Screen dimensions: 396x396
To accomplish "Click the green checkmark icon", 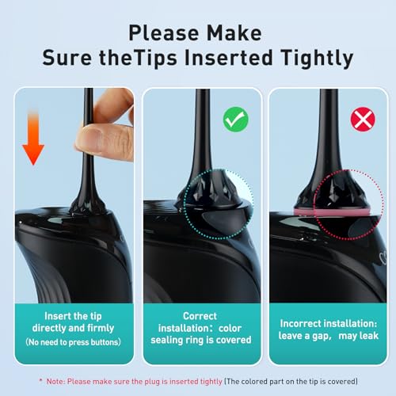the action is pos(236,120).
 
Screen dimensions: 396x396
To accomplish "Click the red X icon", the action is pos(363,120).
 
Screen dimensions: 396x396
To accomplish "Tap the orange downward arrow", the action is pos(33,137).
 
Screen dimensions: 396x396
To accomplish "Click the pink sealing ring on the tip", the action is pos(332,211).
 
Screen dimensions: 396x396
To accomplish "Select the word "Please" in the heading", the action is pos(164,33).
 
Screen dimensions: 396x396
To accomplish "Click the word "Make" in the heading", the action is pos(234,33).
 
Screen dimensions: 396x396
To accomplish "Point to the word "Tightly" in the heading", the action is pos(317,58).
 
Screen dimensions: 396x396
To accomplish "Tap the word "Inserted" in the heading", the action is pos(229,57).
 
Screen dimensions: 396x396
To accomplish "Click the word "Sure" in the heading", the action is pos(67,58).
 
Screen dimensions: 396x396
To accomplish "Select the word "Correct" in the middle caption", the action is pos(200,316).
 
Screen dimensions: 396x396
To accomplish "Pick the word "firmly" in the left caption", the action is pos(101,328).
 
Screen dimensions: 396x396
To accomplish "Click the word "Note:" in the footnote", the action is pos(55,382).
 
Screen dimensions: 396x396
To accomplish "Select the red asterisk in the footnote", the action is pos(40,380).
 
